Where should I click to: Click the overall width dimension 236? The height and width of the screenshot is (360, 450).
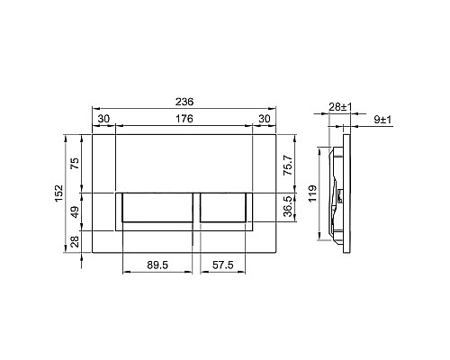coord(184,102)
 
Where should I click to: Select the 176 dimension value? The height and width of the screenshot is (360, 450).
coord(184,119)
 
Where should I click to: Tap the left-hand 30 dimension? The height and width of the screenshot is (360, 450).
coord(103,119)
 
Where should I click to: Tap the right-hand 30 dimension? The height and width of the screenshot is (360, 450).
coord(265,119)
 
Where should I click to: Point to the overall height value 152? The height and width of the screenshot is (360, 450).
coord(58,193)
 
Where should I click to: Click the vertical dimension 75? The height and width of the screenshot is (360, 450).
coord(76,163)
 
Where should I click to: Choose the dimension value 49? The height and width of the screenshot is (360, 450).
coord(76,211)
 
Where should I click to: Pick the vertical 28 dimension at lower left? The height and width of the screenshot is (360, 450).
coord(76,241)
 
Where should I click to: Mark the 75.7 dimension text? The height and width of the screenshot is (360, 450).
coord(288,165)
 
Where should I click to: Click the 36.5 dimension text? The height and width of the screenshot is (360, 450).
coord(288,206)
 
